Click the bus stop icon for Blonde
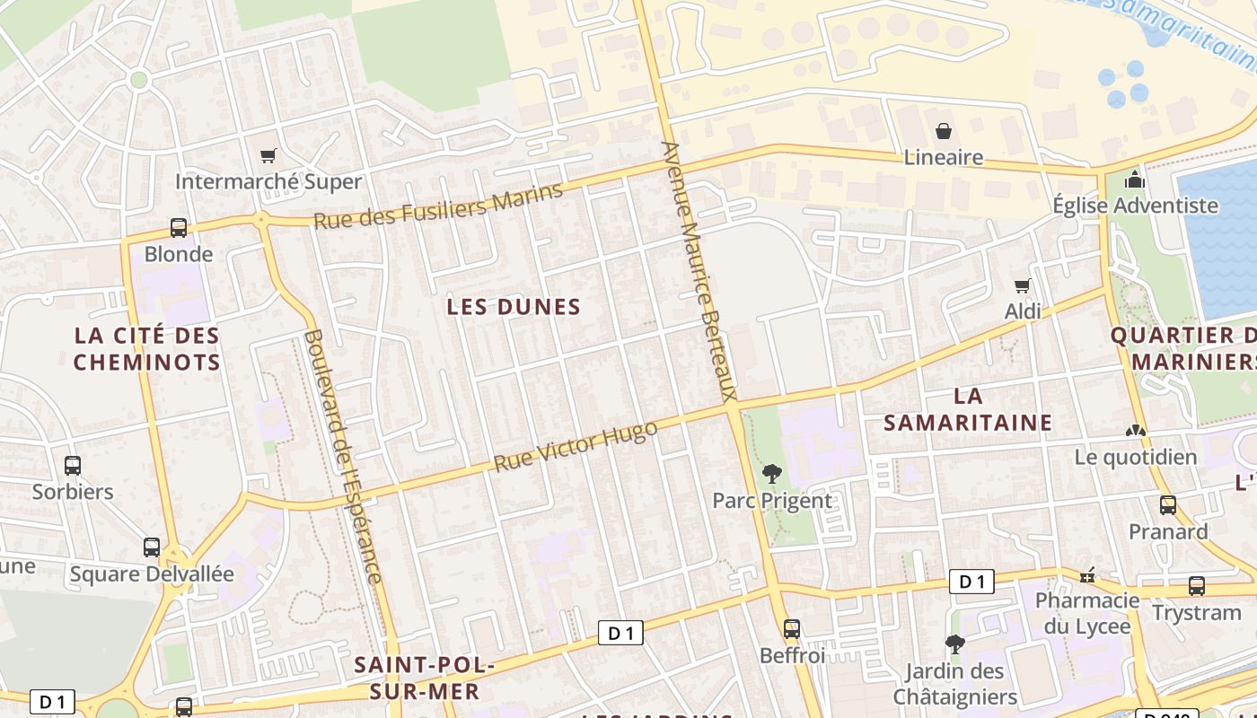pyautogui.click(x=179, y=228)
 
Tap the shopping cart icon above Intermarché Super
pyautogui.click(x=268, y=156)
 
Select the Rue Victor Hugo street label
pyautogui.click(x=576, y=446)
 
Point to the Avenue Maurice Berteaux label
pyautogui.click(x=699, y=270)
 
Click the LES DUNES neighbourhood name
pyautogui.click(x=514, y=307)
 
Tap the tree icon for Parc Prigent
pyautogui.click(x=771, y=474)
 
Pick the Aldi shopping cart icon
pyautogui.click(x=1022, y=286)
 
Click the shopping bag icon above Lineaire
pyautogui.click(x=944, y=132)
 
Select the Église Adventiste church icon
pyautogui.click(x=1135, y=179)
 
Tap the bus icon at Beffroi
pyautogui.click(x=791, y=629)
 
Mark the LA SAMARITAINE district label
pyautogui.click(x=968, y=409)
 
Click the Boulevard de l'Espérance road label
pyautogui.click(x=343, y=456)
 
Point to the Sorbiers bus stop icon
pyautogui.click(x=73, y=466)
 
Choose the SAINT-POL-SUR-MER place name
pyautogui.click(x=424, y=678)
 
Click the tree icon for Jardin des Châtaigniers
pyautogui.click(x=954, y=644)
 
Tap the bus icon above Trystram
pyautogui.click(x=1196, y=586)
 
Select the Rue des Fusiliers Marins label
pyautogui.click(x=438, y=205)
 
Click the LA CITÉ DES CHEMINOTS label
pyautogui.click(x=146, y=348)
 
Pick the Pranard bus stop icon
pyautogui.click(x=1167, y=505)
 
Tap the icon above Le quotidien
pyautogui.click(x=1136, y=432)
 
